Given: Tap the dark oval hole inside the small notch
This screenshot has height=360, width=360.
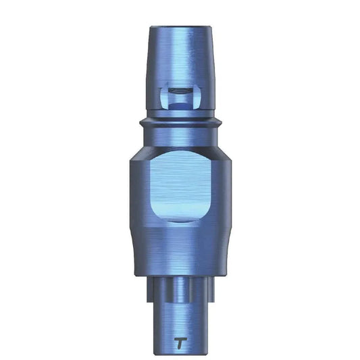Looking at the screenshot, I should (x=180, y=90).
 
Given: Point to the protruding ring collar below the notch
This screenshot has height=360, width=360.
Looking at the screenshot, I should (x=180, y=125).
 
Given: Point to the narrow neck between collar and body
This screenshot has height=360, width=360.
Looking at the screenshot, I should (x=180, y=136).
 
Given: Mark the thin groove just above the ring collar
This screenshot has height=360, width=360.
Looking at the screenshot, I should (x=180, y=116).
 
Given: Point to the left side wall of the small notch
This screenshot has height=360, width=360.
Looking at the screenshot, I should (x=164, y=98).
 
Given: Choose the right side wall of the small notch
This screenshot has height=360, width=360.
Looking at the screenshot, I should (x=196, y=98).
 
